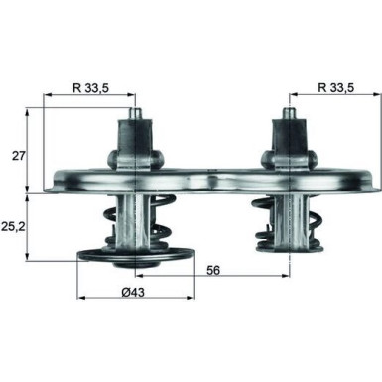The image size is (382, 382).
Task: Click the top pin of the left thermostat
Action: point(133,112)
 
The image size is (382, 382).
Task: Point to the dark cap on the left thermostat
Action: point(133,135)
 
